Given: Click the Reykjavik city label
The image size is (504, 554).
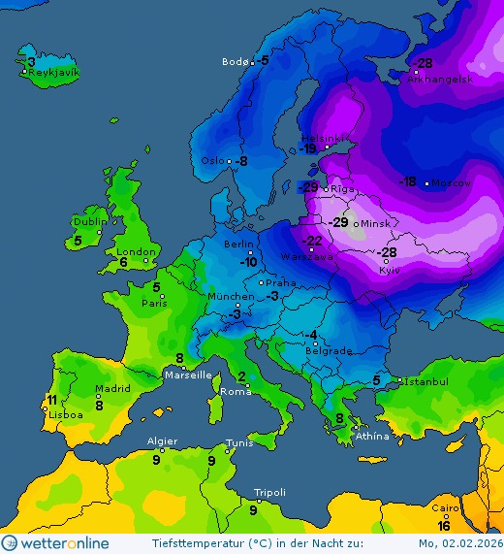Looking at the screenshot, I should [54, 73].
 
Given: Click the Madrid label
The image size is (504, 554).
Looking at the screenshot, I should [112, 390].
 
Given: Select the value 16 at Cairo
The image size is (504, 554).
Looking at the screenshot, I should [443, 525].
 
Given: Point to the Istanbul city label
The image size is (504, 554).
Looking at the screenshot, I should [426, 382].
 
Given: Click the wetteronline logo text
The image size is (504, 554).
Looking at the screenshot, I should [67, 543].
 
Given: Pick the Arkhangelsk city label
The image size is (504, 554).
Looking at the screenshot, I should [440, 80].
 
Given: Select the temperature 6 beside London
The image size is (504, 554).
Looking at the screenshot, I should [123, 262].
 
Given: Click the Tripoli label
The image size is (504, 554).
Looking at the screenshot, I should [269, 493].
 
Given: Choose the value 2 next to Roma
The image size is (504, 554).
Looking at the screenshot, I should [241, 376].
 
